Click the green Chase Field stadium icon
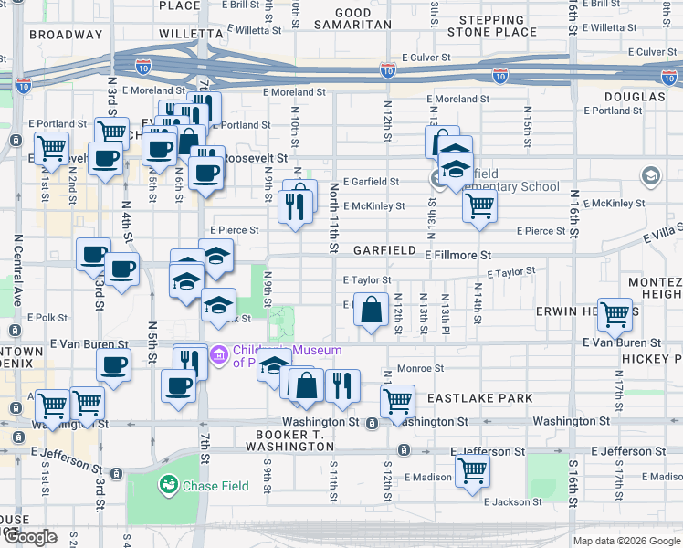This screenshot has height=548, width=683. click(169, 485)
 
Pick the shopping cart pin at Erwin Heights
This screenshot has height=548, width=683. click(615, 315)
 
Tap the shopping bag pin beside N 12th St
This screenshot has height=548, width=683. click(372, 311)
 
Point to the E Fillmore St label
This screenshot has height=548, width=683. click(458, 256)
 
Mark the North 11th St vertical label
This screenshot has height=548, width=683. click(334, 217)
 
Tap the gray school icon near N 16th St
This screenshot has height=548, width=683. click(650, 175)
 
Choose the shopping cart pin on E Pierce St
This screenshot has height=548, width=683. click(478, 205)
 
